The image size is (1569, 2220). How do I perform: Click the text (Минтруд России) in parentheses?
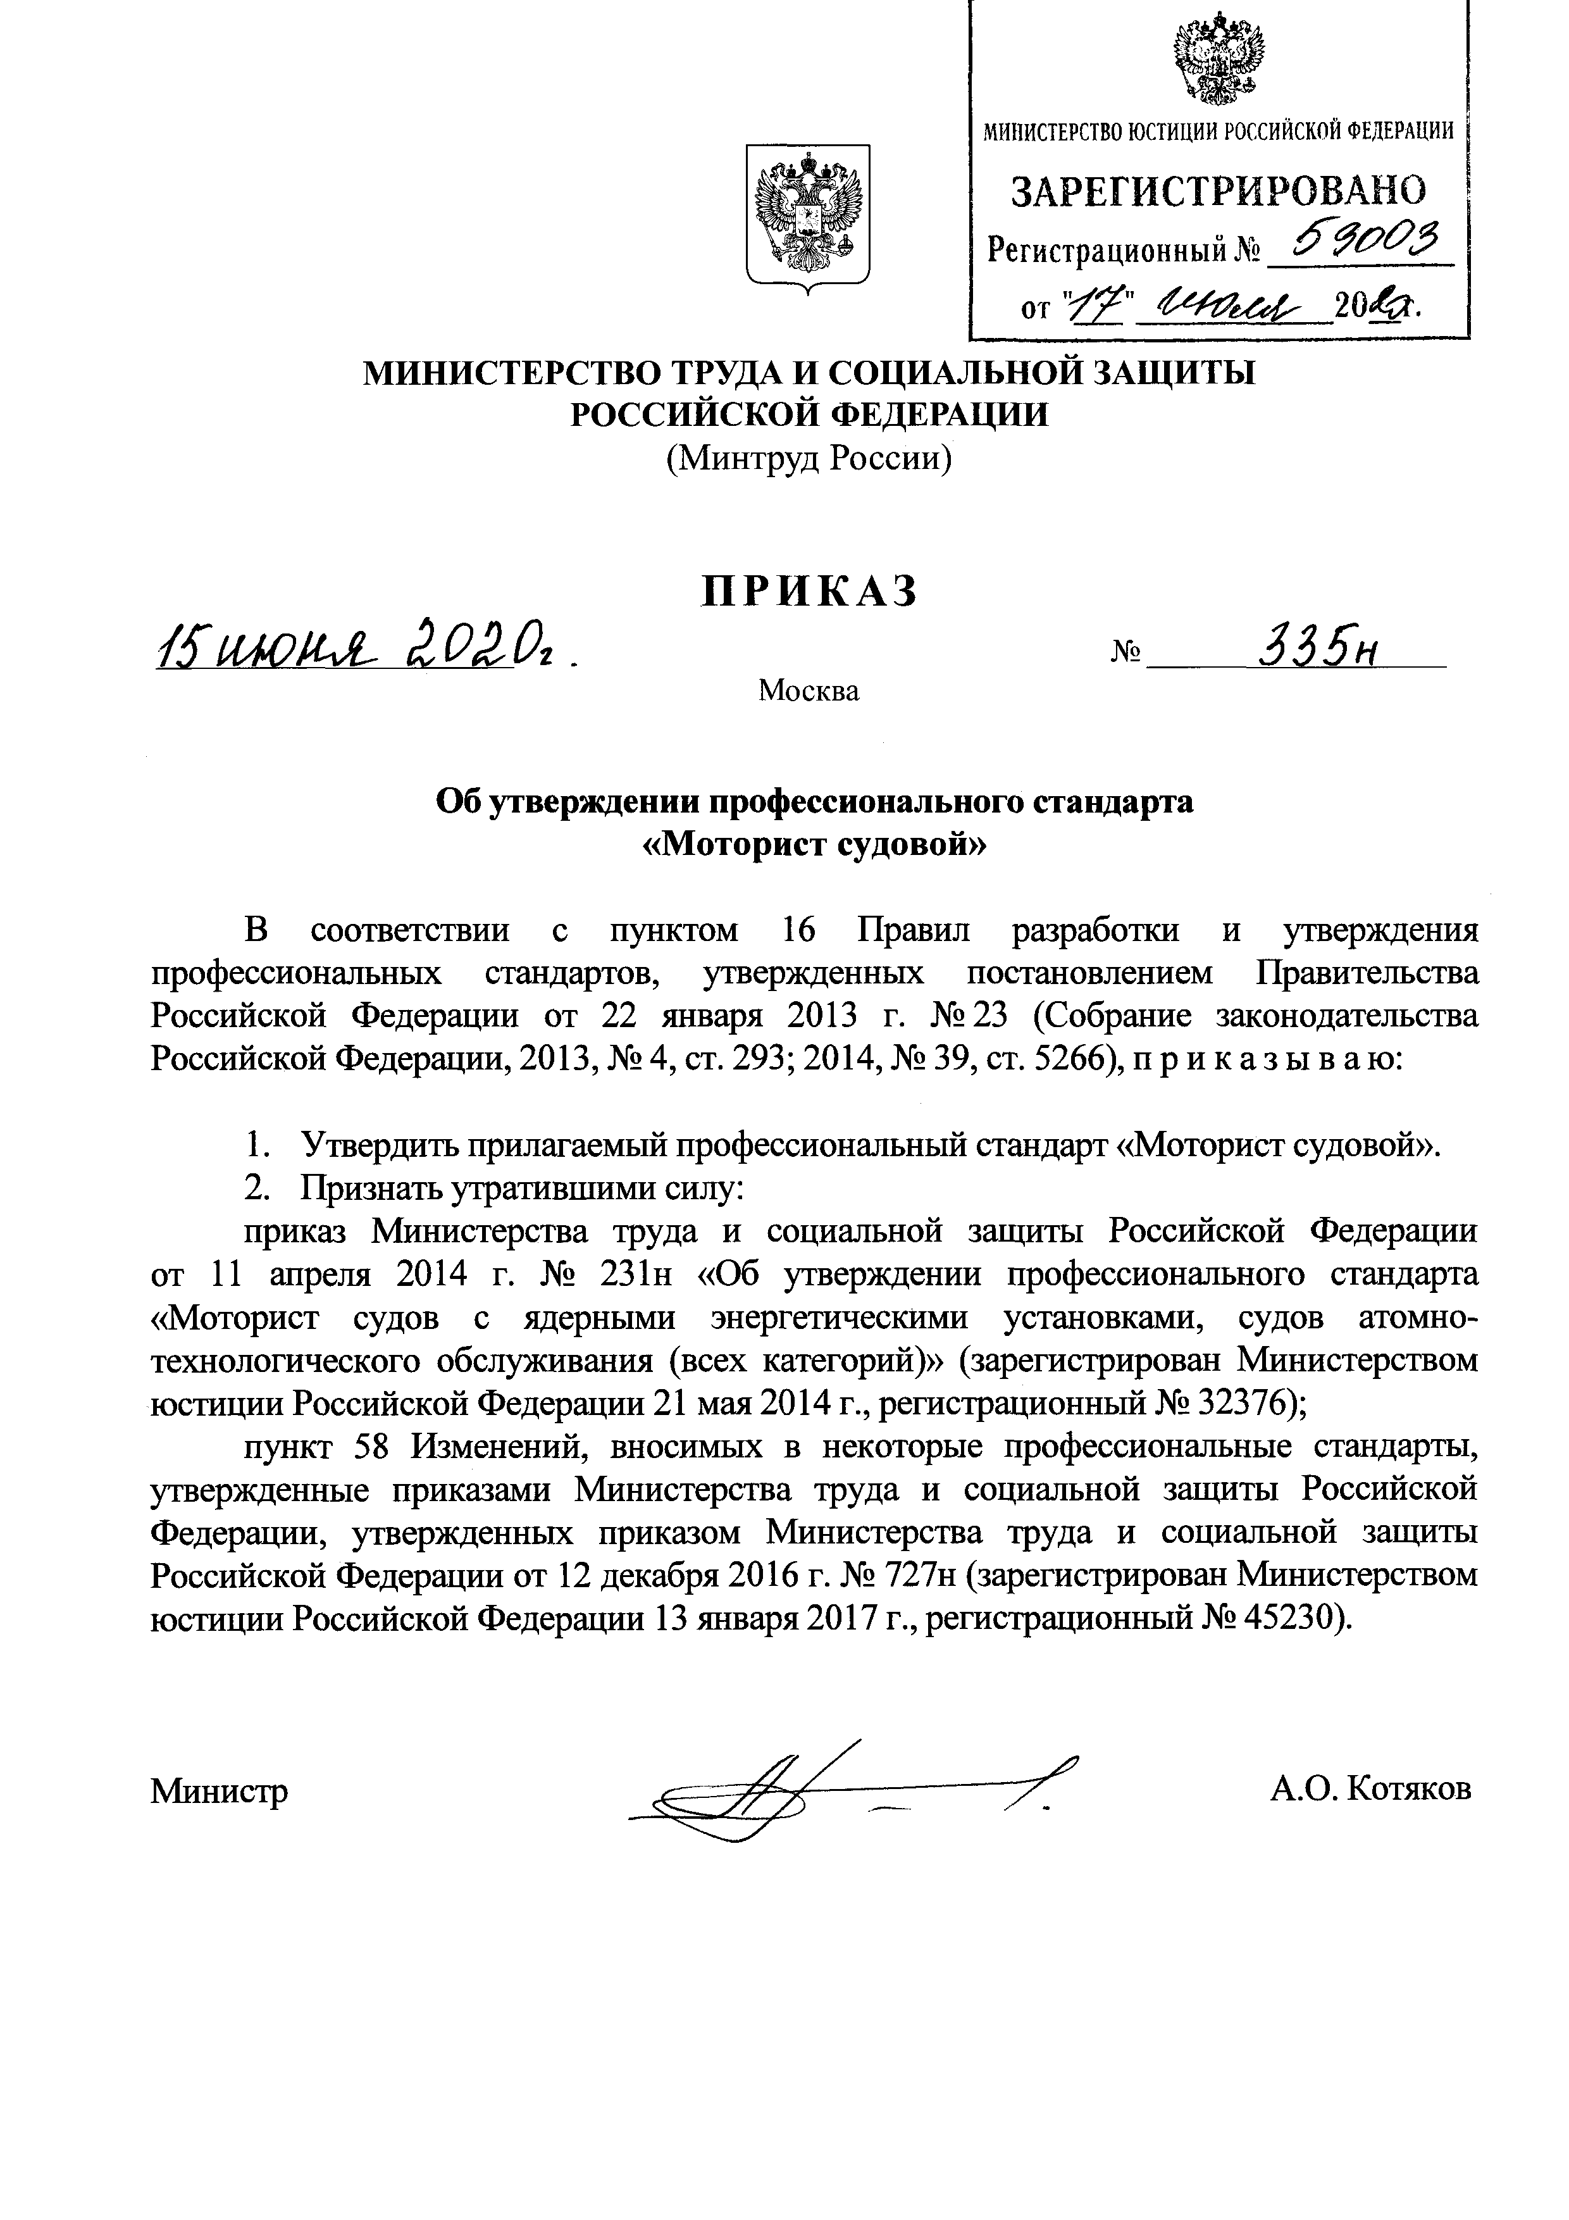pyautogui.click(x=808, y=458)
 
